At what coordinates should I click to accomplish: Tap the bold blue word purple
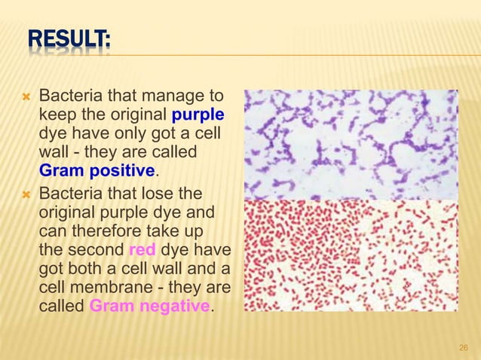click(198, 115)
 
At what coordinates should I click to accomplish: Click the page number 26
click(464, 347)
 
